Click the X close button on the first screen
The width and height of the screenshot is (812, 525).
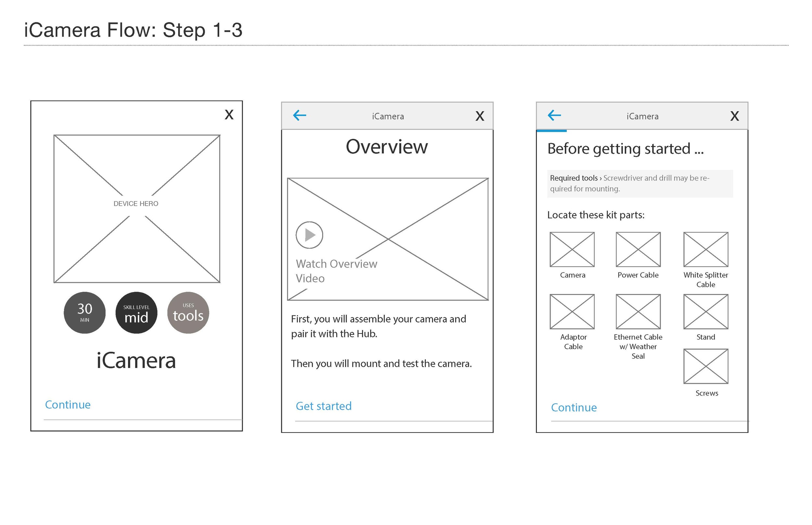pyautogui.click(x=229, y=115)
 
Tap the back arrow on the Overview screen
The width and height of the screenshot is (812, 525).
pyautogui.click(x=299, y=115)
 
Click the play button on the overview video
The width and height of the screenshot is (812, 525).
pyautogui.click(x=309, y=235)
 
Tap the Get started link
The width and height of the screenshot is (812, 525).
pyautogui.click(x=323, y=406)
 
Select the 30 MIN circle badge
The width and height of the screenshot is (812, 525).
pyautogui.click(x=85, y=312)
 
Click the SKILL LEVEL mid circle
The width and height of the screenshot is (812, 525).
pyautogui.click(x=136, y=312)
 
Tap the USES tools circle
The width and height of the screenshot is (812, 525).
pyautogui.click(x=188, y=312)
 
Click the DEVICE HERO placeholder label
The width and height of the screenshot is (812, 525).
pyautogui.click(x=136, y=203)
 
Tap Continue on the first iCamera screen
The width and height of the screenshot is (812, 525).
pyautogui.click(x=68, y=405)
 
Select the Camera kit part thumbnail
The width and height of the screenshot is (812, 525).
pyautogui.click(x=572, y=250)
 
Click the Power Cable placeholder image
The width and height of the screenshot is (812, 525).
pyautogui.click(x=638, y=250)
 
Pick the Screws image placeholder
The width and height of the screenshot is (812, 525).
pyautogui.click(x=705, y=366)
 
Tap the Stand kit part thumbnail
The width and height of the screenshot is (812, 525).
pyautogui.click(x=705, y=311)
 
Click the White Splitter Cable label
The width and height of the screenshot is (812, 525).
pyautogui.click(x=705, y=280)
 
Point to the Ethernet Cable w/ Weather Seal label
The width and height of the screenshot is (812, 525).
pyautogui.click(x=638, y=346)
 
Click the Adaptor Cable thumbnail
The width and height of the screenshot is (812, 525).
pyautogui.click(x=572, y=311)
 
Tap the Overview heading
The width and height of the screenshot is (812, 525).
pyautogui.click(x=387, y=147)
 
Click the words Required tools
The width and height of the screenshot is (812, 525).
pyautogui.click(x=574, y=178)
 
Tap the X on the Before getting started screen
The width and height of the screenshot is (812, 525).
pyautogui.click(x=734, y=116)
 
